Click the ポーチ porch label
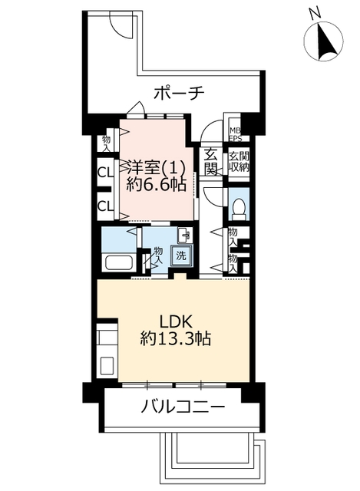coord(179,94)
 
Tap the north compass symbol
coord(324,41)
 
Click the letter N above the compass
coord(315,12)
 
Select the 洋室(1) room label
coord(156,169)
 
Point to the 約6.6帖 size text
coord(157,185)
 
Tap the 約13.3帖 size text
coord(176,338)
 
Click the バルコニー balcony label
coord(183,407)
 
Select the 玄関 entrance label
coord(211,162)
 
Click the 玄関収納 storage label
coord(239,162)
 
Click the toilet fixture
coord(239,209)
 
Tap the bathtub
coord(119,262)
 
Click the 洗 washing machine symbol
coord(181,255)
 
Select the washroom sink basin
coord(184,236)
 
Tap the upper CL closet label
coord(105,173)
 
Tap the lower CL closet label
coord(105,206)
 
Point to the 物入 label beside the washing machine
coord(159,255)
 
